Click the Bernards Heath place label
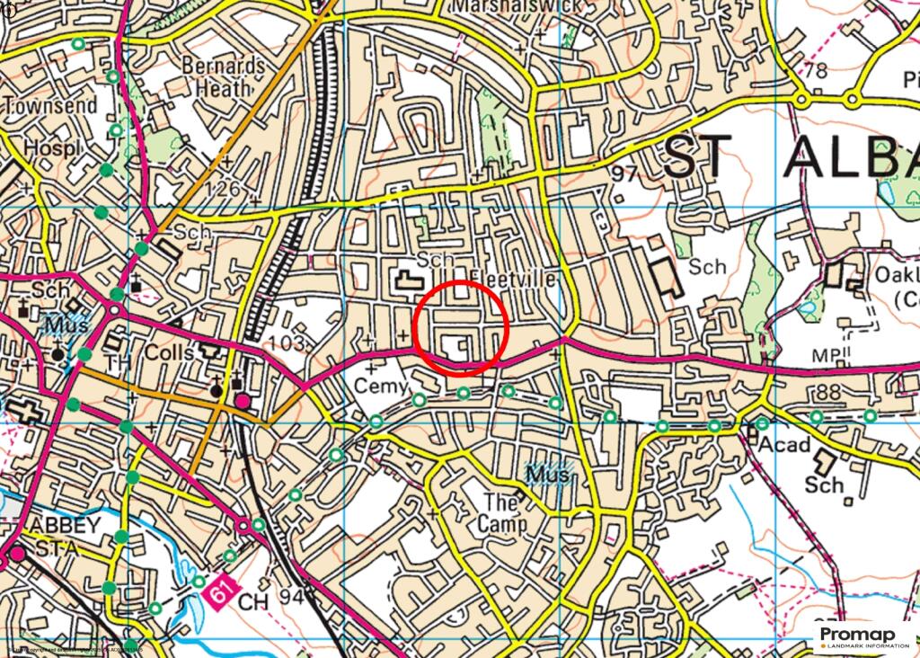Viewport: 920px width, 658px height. pyautogui.click(x=224, y=77)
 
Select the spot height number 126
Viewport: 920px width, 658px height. pyautogui.click(x=222, y=189)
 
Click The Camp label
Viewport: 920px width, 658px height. pyautogui.click(x=501, y=512)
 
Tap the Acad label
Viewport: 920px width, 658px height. pyautogui.click(x=784, y=446)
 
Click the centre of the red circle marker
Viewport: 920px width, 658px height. pyautogui.click(x=462, y=326)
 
